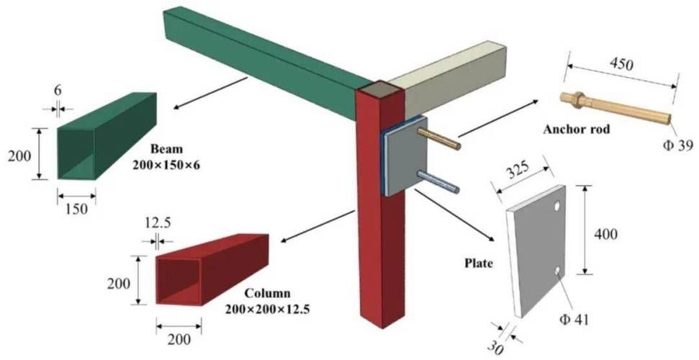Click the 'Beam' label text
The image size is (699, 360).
tap(167, 148)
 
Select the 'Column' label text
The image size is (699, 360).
tap(268, 294)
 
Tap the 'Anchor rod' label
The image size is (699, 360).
tap(576, 130)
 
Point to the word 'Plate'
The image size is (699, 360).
tap(479, 264)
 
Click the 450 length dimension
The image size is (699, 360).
tap(621, 64)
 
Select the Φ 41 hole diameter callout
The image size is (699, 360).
tap(574, 320)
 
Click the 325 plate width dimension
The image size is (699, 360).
tap(518, 169)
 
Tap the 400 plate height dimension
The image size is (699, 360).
tap(605, 234)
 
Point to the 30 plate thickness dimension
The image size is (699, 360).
tap(495, 347)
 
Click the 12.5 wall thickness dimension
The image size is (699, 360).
tap(158, 223)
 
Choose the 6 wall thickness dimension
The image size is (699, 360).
tap(58, 91)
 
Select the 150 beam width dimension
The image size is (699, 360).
tap(76, 209)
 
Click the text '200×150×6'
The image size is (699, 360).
tap(166, 165)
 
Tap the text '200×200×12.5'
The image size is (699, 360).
tap(267, 309)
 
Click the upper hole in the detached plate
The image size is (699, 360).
tap(557, 206)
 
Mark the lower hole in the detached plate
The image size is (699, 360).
tap(557, 271)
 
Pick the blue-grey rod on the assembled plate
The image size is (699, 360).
tap(438, 182)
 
